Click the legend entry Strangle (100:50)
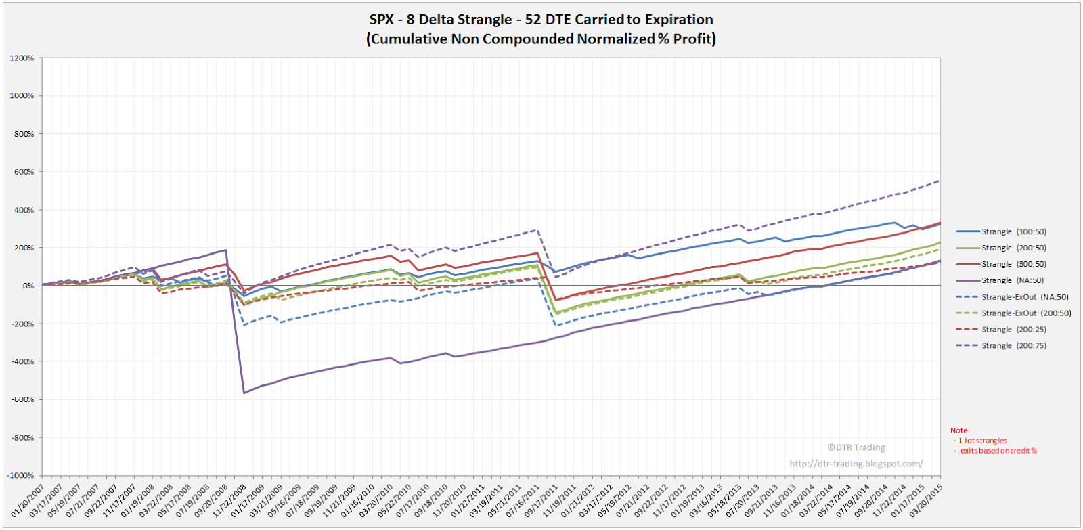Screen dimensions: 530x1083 pyautogui.click(x=1013, y=231)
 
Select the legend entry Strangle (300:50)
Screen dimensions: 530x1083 pyautogui.click(x=1013, y=264)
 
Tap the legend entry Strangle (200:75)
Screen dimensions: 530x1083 pyautogui.click(x=1013, y=345)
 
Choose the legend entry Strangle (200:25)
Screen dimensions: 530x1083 pyautogui.click(x=1013, y=329)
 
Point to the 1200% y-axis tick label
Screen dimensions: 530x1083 pyautogui.click(x=22, y=58)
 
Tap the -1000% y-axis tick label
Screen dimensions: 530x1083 pyautogui.click(x=20, y=475)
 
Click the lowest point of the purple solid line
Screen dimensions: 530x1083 pyautogui.click(x=244, y=393)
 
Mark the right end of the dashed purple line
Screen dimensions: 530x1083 pyautogui.click(x=940, y=180)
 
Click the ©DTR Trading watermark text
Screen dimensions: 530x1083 pyautogui.click(x=856, y=447)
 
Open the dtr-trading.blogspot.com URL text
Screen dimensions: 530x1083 pyautogui.click(x=856, y=464)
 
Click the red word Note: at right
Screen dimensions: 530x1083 pyautogui.click(x=960, y=430)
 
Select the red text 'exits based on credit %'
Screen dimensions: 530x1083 pyautogui.click(x=998, y=451)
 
